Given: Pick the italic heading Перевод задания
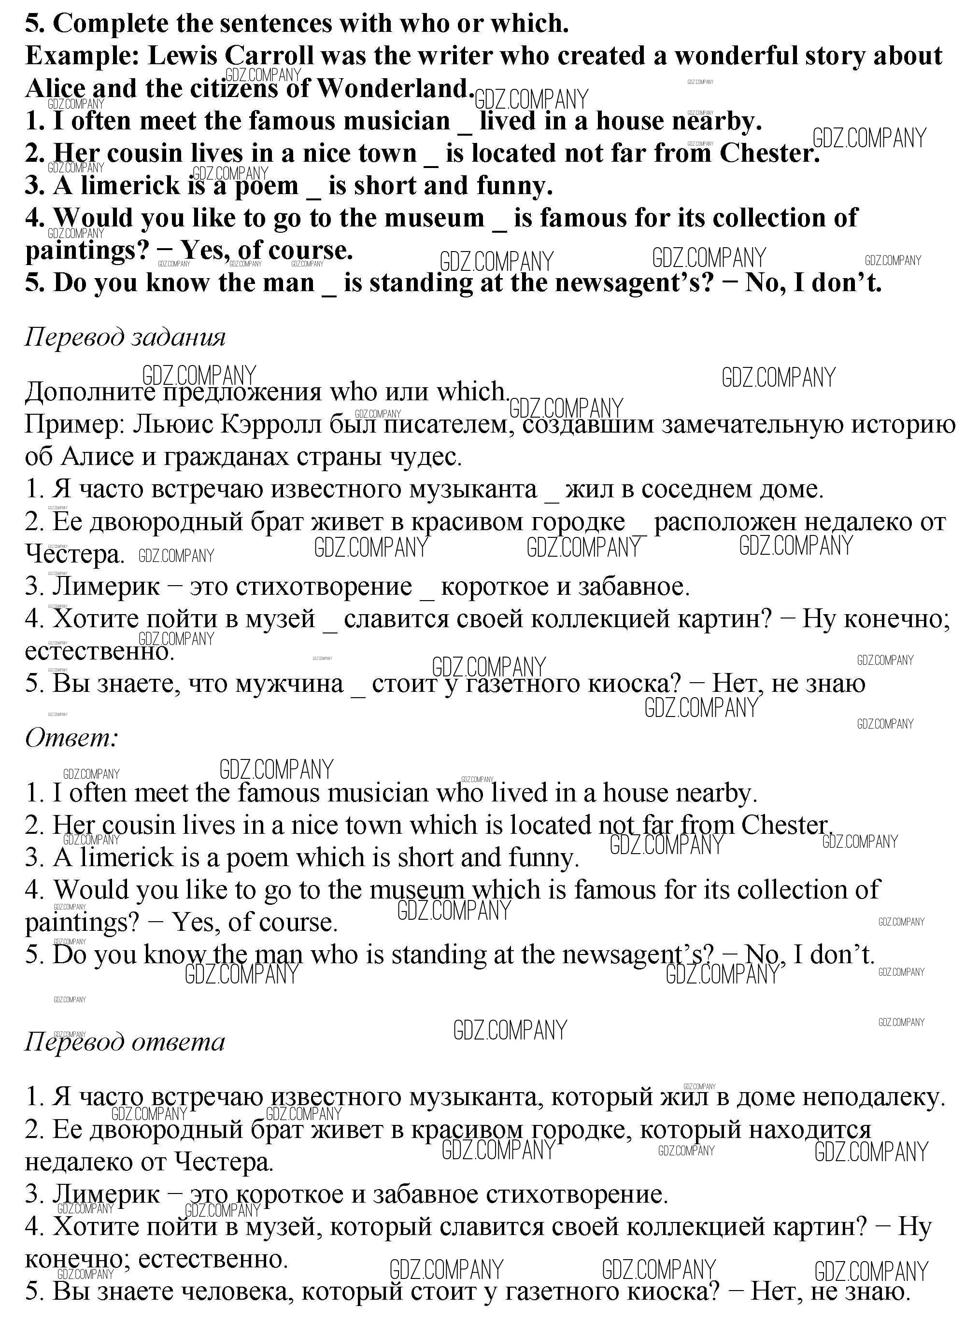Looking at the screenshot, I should [x=125, y=337].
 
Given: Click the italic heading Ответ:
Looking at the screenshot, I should [x=71, y=738].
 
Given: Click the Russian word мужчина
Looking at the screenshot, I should [x=289, y=684].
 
